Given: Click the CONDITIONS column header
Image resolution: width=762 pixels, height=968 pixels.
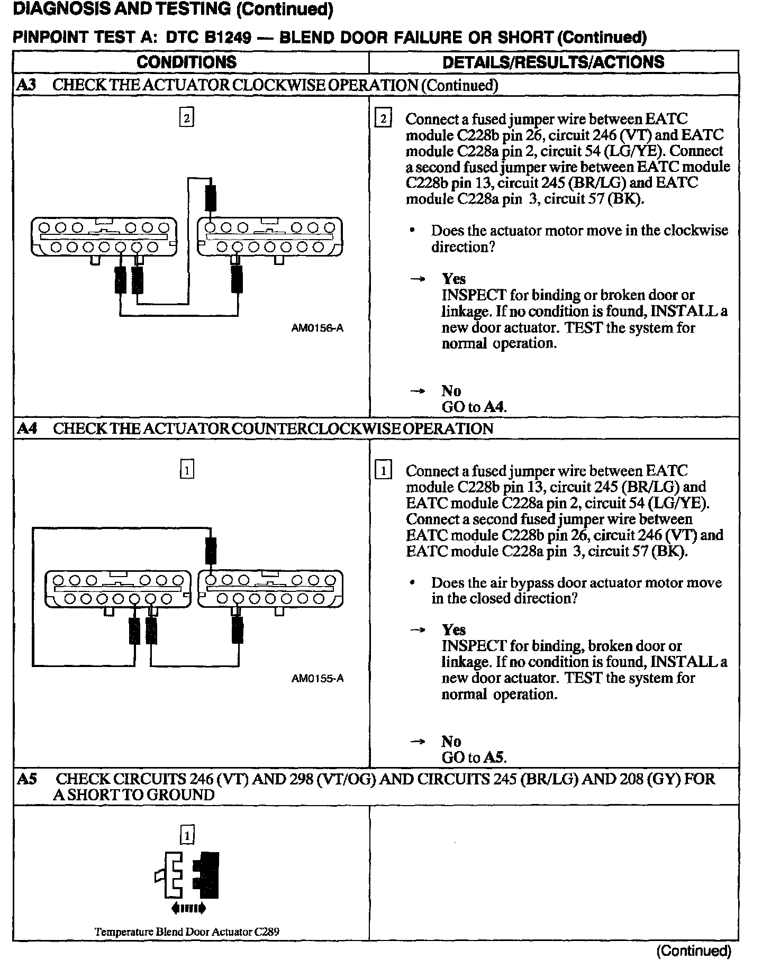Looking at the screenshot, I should point(186,62).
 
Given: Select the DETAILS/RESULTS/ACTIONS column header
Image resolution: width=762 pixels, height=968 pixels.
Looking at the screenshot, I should point(553,62).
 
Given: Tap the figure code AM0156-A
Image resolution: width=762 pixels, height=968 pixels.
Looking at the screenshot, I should point(317,328).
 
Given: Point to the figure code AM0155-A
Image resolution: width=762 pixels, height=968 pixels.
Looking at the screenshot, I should point(317,679).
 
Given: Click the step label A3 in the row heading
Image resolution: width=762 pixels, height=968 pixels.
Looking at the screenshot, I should point(26,85).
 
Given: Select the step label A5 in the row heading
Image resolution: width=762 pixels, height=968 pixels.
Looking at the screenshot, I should point(27,779).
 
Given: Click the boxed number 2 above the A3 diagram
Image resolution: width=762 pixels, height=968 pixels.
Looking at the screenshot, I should point(186,117).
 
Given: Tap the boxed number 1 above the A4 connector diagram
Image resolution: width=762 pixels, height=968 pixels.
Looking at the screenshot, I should point(187,470).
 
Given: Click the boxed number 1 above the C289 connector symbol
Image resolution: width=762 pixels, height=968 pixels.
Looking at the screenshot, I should point(187,836).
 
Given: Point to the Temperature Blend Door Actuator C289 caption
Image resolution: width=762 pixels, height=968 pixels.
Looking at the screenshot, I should point(187,932).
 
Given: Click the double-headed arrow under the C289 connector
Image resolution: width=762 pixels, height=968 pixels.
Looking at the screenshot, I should point(188,909).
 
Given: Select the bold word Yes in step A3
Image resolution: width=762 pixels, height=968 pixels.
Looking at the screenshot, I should point(453,279).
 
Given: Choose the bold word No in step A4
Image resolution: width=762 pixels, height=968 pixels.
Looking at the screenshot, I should point(451,741).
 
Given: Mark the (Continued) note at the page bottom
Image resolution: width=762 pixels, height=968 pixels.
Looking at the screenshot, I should point(693,951).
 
